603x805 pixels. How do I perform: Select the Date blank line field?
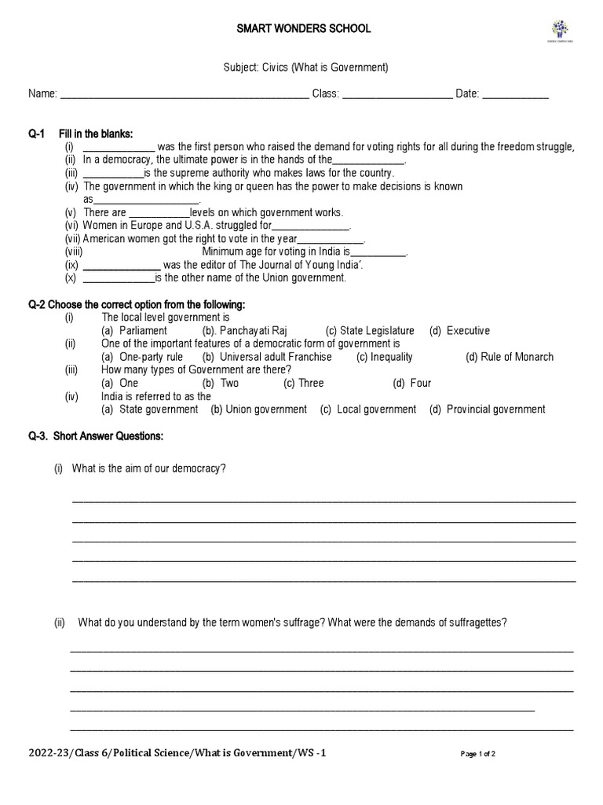515,95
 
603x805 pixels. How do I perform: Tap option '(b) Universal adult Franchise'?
267,357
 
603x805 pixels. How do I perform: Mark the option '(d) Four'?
411,383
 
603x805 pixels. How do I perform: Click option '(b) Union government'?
258,410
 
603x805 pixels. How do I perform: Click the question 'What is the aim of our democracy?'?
149,469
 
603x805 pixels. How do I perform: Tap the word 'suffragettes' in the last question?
478,623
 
